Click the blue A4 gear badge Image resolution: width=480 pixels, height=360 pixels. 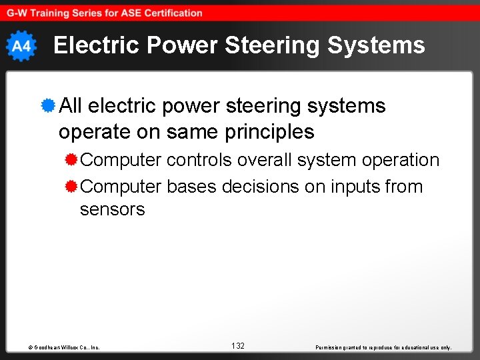[21, 46]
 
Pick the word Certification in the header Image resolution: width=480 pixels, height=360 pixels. [171, 13]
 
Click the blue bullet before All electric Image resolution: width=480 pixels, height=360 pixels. [47, 105]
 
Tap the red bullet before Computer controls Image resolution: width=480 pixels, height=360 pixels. [71, 160]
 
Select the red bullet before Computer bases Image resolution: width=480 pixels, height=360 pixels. [71, 187]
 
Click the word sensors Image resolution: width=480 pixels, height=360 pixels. [112, 209]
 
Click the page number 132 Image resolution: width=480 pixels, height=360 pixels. [238, 345]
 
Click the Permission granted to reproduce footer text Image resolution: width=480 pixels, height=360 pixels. [383, 347]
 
